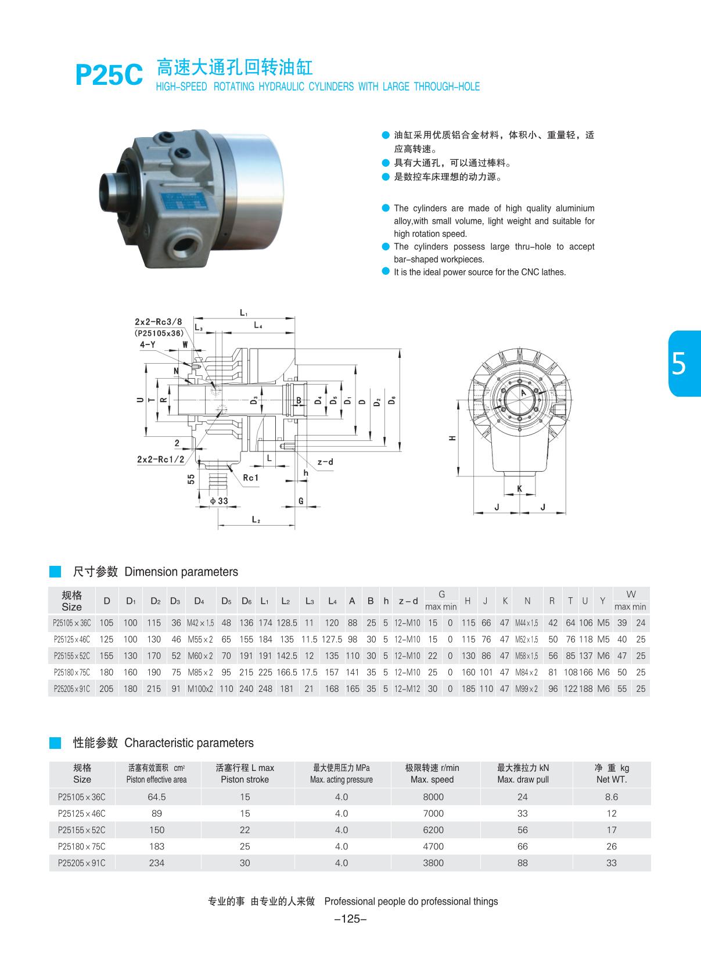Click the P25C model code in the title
(x=109, y=76)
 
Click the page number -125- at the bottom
(x=351, y=918)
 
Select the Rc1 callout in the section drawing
(x=250, y=478)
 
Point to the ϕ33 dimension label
(x=219, y=501)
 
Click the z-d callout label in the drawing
(x=325, y=462)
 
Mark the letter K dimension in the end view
(x=519, y=489)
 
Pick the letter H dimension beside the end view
(x=452, y=439)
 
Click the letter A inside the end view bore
(x=523, y=393)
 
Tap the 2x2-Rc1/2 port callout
(x=160, y=459)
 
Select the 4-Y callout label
(x=147, y=345)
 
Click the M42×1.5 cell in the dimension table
(x=200, y=623)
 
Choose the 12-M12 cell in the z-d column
(x=407, y=688)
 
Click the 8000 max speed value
(x=433, y=797)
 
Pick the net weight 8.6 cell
(x=611, y=797)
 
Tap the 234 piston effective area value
(x=156, y=863)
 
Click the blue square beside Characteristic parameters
(x=55, y=742)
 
